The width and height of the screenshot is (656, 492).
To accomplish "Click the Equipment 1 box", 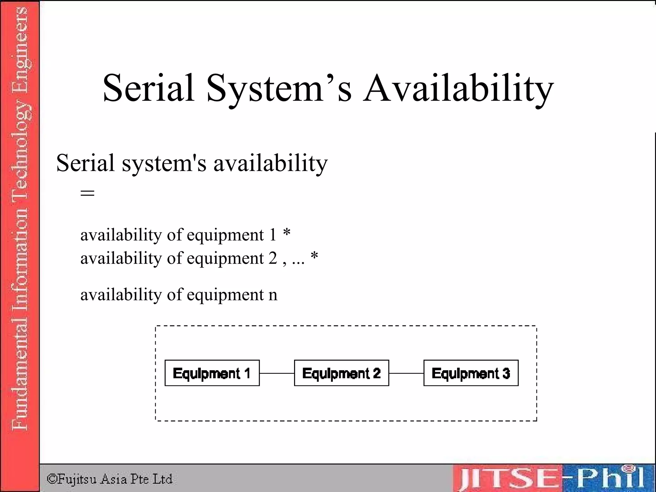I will (x=212, y=373).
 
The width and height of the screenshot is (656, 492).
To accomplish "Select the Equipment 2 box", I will (x=341, y=373).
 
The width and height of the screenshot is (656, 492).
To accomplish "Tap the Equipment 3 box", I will (x=471, y=373).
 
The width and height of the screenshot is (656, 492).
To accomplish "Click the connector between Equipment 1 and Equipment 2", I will (x=277, y=373).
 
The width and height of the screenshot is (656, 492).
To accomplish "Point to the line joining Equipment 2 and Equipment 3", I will (x=406, y=373).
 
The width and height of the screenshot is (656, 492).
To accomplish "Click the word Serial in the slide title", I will (x=148, y=88).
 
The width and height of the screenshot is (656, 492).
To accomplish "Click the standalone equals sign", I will (x=87, y=193).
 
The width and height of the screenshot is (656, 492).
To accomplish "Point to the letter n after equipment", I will (x=273, y=295).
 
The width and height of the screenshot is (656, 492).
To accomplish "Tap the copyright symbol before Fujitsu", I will (x=52, y=479).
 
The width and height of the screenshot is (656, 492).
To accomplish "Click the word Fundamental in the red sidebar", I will (x=20, y=378).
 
